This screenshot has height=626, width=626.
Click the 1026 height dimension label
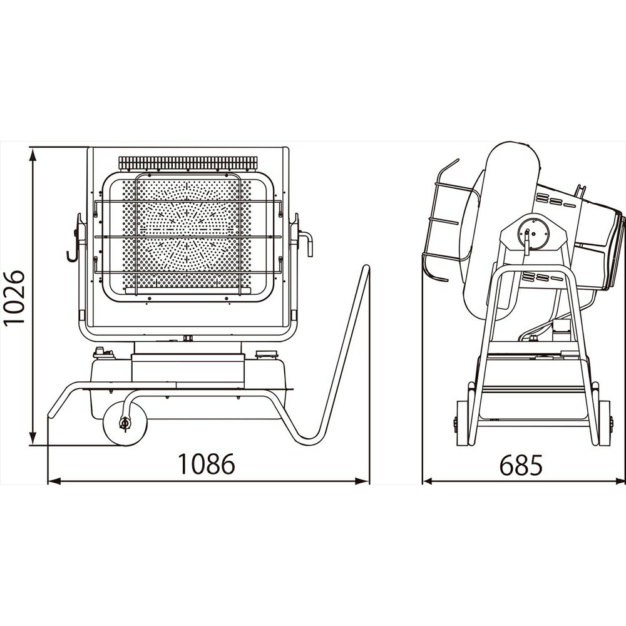(x=15, y=298)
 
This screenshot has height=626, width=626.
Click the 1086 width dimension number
(x=206, y=464)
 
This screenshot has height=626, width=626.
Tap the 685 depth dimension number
(x=521, y=464)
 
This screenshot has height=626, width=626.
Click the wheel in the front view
(x=125, y=424)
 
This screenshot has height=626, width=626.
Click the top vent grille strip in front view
(x=188, y=163)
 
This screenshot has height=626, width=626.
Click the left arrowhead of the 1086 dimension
(x=54, y=481)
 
